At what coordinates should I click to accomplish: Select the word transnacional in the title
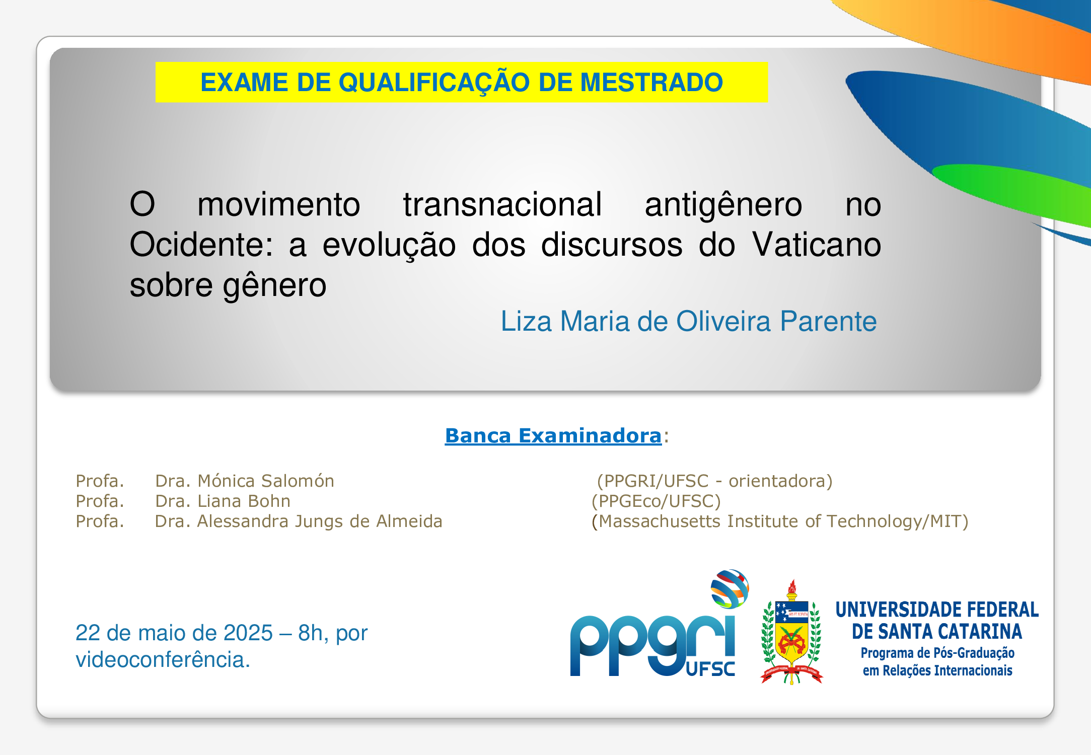(502, 204)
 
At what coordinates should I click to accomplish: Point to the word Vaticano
(817, 245)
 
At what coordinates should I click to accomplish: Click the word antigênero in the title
(723, 205)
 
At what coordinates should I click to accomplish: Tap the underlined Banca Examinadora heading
(553, 435)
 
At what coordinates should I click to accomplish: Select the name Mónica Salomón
(266, 481)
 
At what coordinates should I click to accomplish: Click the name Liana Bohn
(244, 501)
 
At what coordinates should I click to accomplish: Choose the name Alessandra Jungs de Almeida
(320, 521)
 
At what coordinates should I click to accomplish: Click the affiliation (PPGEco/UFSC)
(656, 501)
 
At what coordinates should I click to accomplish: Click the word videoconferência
(163, 659)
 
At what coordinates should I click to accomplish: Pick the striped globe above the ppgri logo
(730, 588)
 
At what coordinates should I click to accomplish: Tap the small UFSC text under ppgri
(710, 669)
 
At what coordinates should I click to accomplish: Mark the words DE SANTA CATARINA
(937, 631)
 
